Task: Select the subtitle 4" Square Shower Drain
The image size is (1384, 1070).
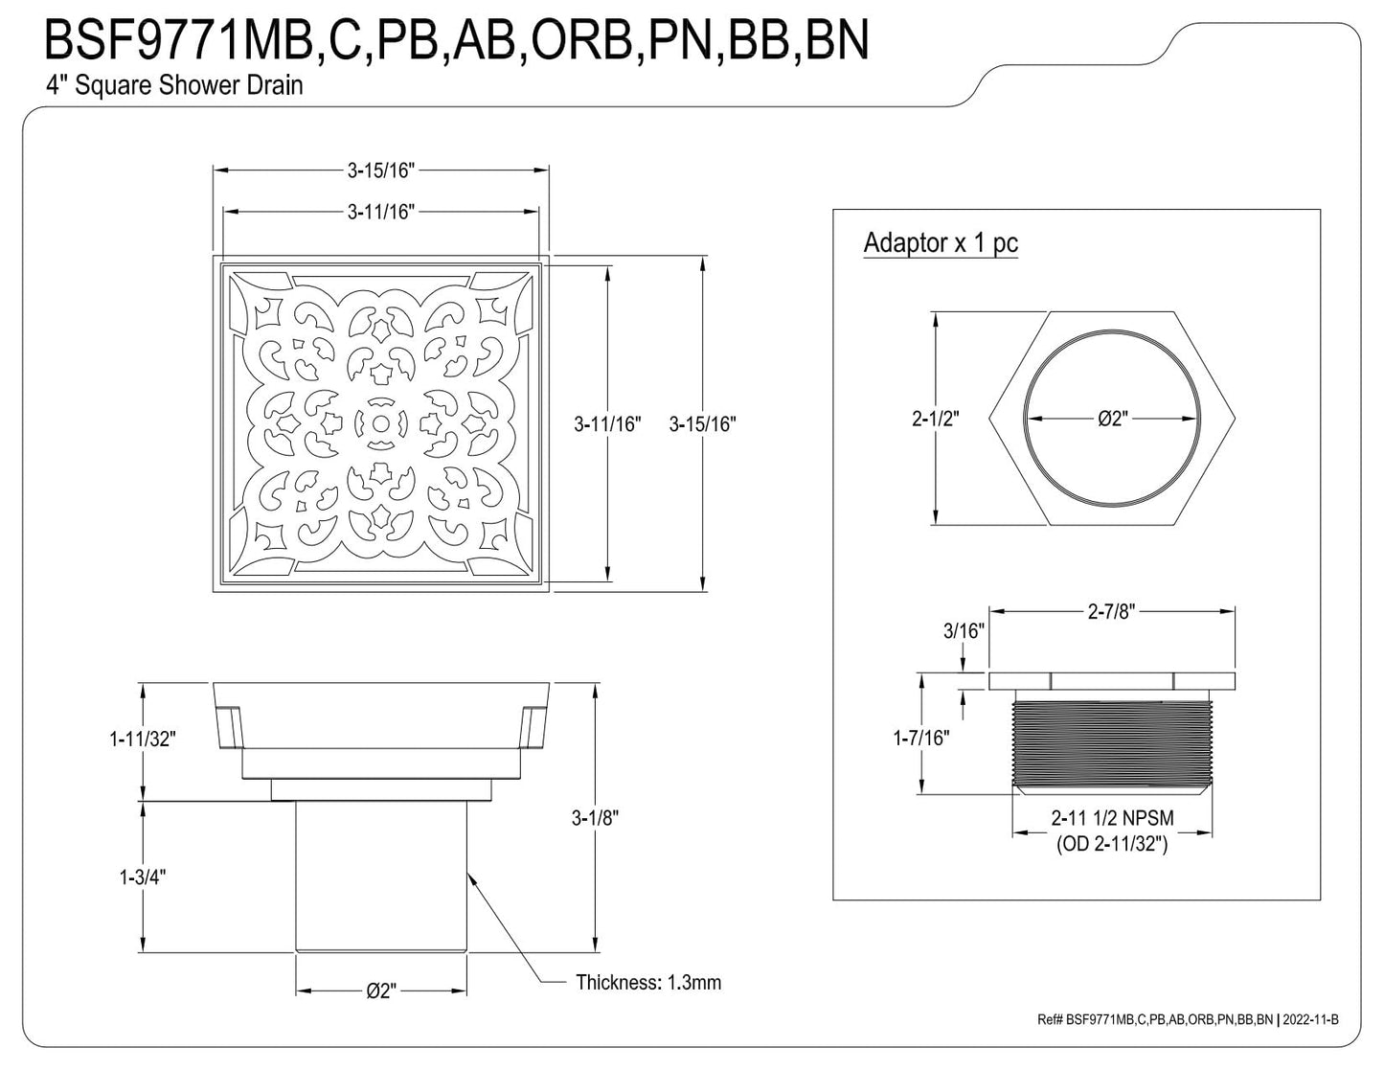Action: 174,85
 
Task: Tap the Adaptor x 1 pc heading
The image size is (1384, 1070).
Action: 941,242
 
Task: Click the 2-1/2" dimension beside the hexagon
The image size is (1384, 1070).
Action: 935,419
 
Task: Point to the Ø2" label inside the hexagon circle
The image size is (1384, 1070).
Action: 1113,419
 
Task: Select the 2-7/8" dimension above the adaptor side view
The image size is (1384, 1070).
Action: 1111,611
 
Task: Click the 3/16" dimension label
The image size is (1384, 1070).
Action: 964,630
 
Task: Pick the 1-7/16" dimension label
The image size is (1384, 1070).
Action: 921,738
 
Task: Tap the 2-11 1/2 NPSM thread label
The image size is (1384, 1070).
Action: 1112,817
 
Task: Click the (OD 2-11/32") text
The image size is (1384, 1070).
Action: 1112,844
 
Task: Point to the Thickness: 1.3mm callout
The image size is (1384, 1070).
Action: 648,982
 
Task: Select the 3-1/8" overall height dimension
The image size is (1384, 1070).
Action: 594,818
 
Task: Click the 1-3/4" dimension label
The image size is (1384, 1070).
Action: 143,877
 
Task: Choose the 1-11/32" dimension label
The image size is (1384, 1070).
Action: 143,739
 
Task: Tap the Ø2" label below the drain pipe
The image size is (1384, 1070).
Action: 381,991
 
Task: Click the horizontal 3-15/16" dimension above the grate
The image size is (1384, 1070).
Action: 381,171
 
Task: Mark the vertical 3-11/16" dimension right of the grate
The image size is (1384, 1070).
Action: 607,423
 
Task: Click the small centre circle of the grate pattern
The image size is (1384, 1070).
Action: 381,423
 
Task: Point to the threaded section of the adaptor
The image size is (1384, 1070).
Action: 1112,744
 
